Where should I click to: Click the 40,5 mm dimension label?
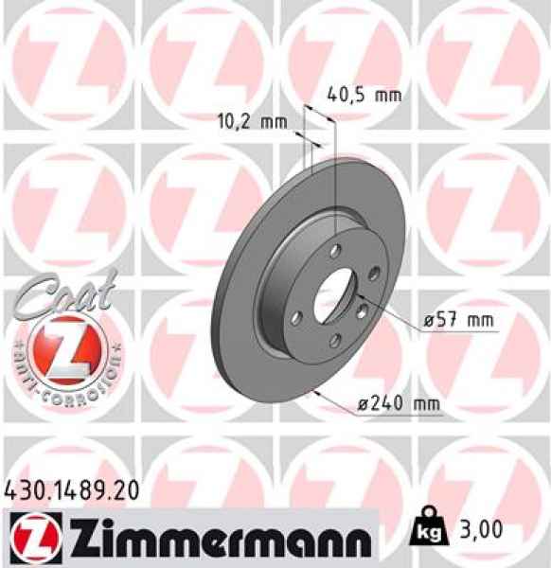[364, 95]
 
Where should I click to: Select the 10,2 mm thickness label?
[252, 121]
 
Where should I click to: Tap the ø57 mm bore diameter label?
[459, 322]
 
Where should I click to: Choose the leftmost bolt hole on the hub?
[295, 317]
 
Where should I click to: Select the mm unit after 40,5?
[387, 95]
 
